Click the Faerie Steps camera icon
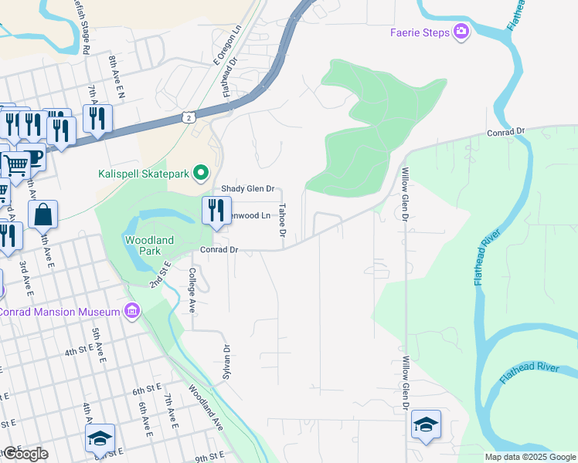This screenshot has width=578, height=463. pyautogui.click(x=461, y=31)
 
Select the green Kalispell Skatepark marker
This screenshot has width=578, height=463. pyautogui.click(x=201, y=172)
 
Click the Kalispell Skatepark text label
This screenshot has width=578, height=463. pyautogui.click(x=144, y=173)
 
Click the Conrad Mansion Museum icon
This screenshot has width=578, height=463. pyautogui.click(x=131, y=312)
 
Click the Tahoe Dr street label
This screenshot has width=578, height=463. pyautogui.click(x=283, y=220)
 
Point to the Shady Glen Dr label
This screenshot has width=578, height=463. pyautogui.click(x=248, y=188)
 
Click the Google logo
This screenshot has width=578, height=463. pyautogui.click(x=26, y=454)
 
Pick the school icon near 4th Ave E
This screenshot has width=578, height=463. pyautogui.click(x=100, y=438)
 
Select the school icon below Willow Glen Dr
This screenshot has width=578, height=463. pyautogui.click(x=426, y=424)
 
